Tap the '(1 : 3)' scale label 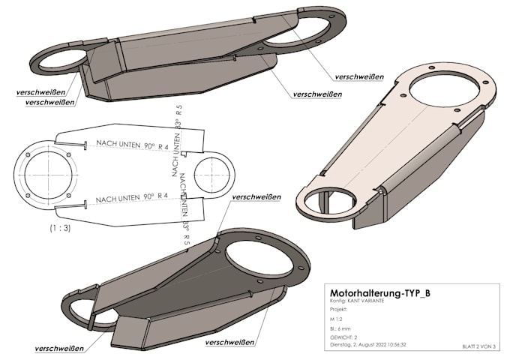coord(60,227)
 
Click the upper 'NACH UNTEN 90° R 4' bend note coord(131,147)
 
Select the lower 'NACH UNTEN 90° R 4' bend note coord(131,199)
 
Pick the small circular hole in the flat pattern coord(213,174)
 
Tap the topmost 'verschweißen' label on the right coord(359,76)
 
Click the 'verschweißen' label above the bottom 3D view coord(257,196)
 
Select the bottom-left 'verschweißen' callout coord(59,349)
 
